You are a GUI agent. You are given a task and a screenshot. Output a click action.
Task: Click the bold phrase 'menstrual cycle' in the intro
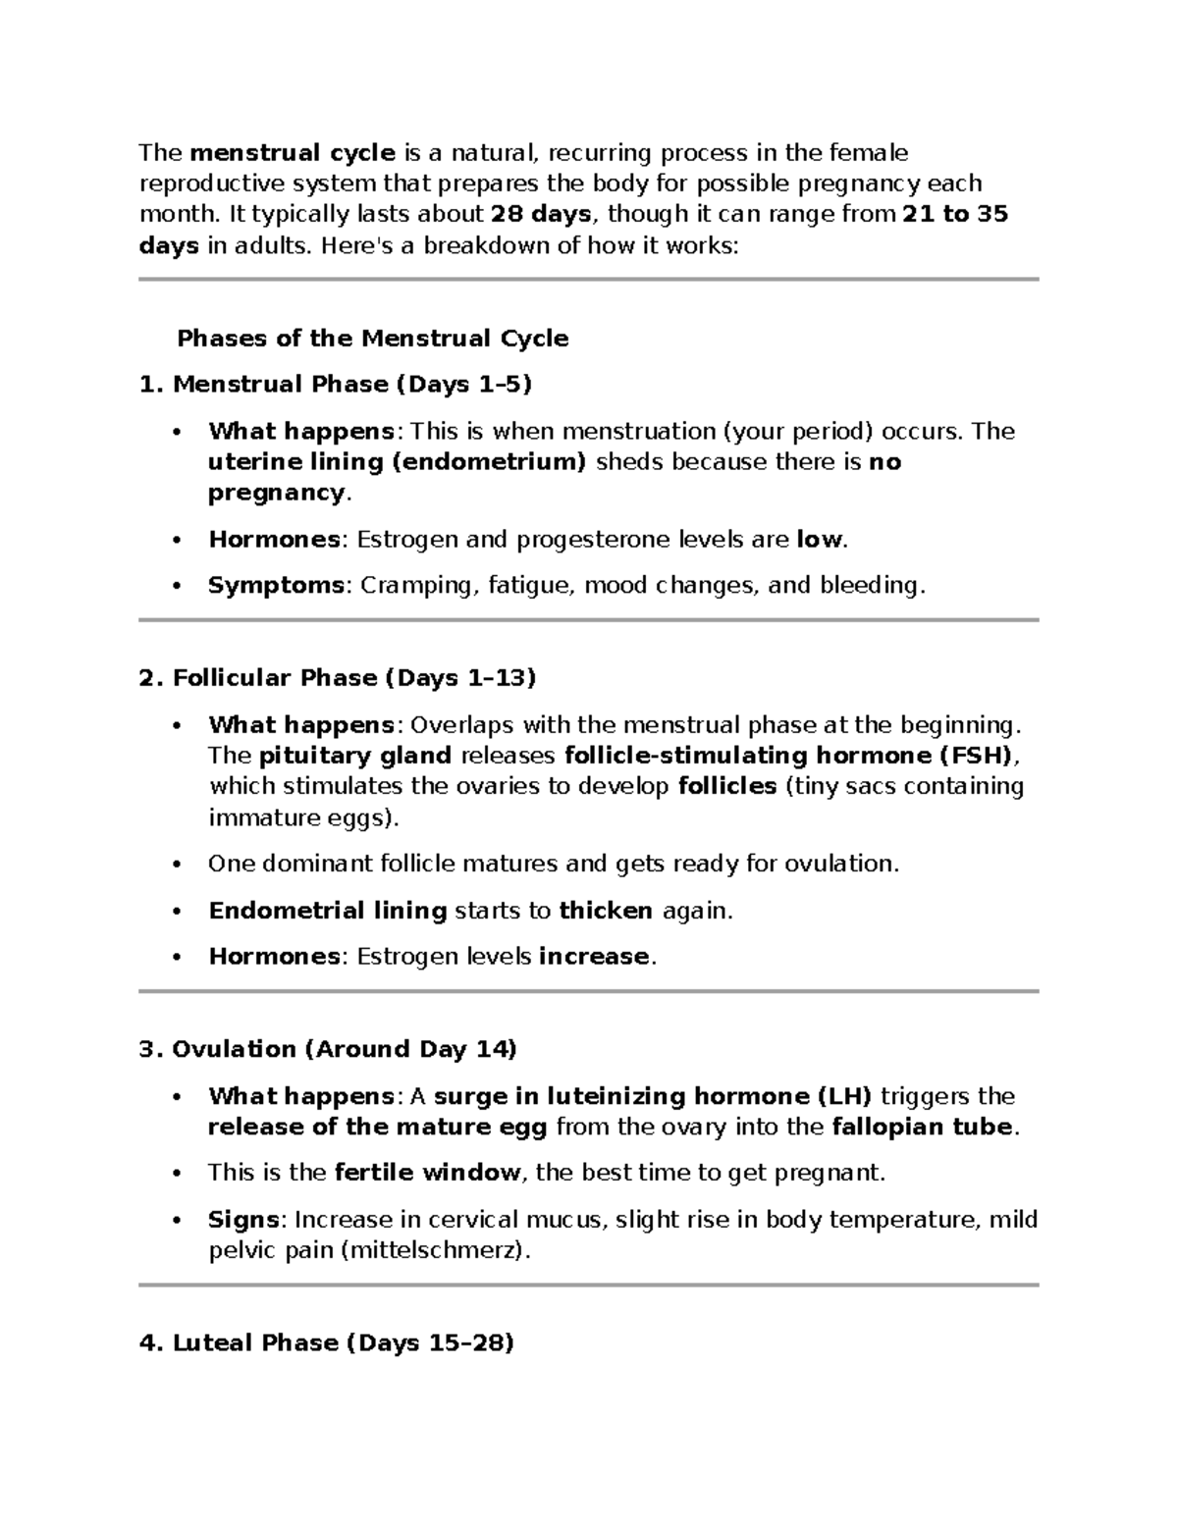(293, 153)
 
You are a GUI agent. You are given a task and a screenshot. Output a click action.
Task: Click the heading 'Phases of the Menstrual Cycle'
(372, 339)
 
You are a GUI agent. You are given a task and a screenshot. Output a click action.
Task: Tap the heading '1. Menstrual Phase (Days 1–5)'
(336, 385)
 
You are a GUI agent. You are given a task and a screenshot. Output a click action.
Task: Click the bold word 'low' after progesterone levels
(819, 540)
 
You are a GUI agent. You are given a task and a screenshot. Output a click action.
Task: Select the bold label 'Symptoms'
(276, 586)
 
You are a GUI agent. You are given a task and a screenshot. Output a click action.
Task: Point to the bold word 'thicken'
(606, 911)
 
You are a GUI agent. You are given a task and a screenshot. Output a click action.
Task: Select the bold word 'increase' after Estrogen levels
(594, 957)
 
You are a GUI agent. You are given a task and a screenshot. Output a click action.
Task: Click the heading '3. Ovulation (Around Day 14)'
(328, 1050)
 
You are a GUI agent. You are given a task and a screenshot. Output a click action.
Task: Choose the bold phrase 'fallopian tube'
(921, 1127)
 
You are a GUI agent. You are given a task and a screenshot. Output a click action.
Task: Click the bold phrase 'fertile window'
(427, 1173)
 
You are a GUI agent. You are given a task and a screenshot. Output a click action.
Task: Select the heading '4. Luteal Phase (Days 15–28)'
(327, 1343)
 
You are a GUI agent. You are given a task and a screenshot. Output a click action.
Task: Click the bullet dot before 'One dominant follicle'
(177, 865)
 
